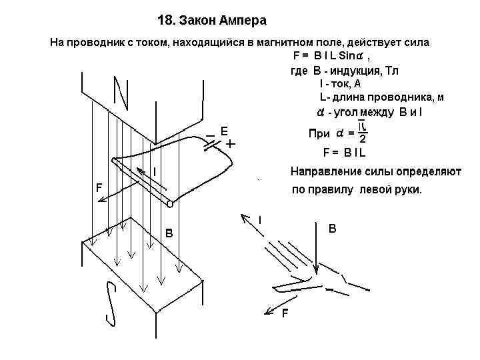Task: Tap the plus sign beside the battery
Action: tap(231, 143)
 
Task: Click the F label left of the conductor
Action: tap(99, 188)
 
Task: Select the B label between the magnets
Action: tap(169, 233)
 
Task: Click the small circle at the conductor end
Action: tap(169, 203)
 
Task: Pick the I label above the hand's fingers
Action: tap(261, 219)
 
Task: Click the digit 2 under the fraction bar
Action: tap(362, 139)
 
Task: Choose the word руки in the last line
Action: tap(408, 190)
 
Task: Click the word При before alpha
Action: tap(319, 133)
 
